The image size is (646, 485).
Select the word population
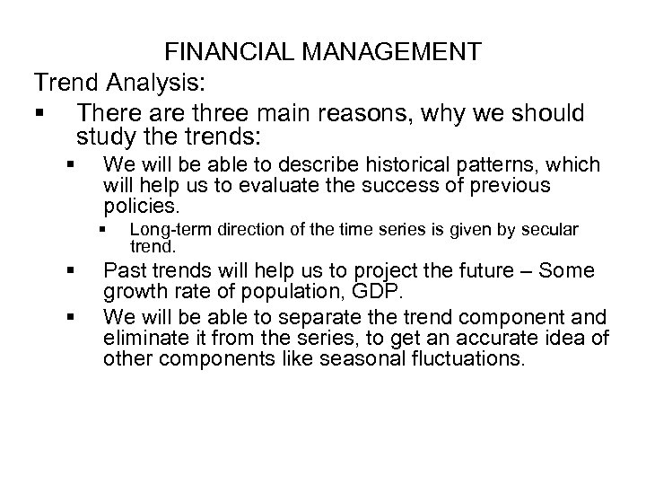pyautogui.click(x=272, y=291)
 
